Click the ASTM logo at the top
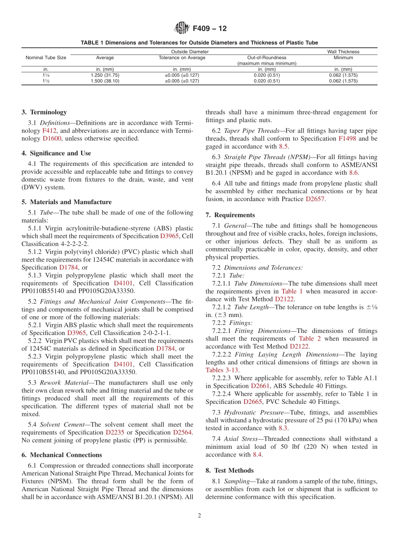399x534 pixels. pyautogui.click(x=182, y=29)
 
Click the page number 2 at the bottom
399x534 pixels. pyautogui.click(x=199, y=516)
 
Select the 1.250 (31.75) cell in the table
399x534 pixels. pyautogui.click(x=105, y=75)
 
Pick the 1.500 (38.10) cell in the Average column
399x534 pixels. pyautogui.click(x=105, y=81)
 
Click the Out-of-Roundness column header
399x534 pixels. pyautogui.click(x=267, y=58)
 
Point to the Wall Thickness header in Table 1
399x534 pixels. pyautogui.click(x=343, y=52)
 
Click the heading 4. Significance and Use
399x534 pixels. pyautogui.click(x=56, y=153)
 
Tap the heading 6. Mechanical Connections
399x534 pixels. pyautogui.click(x=62, y=455)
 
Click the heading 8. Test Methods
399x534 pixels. pyautogui.click(x=229, y=471)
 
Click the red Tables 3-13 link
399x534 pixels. pyautogui.click(x=222, y=370)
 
